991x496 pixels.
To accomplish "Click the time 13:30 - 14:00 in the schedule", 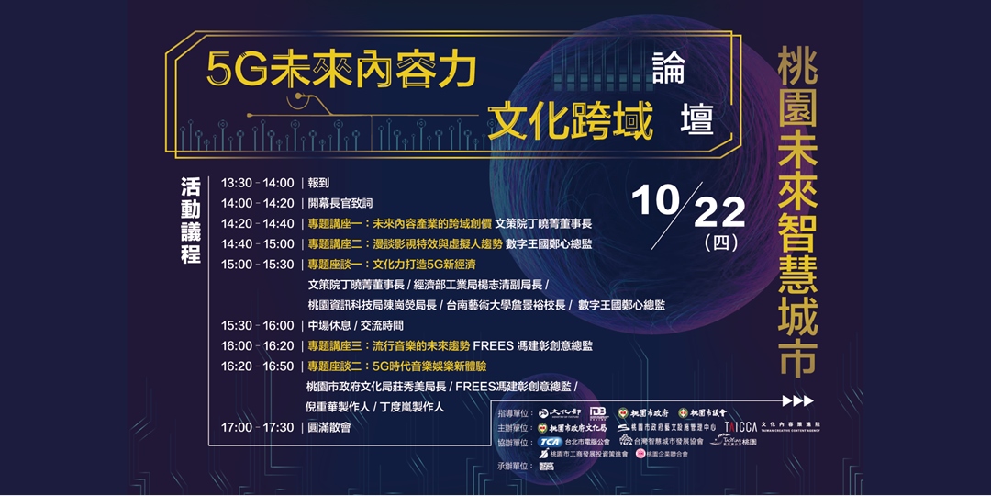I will pyautogui.click(x=257, y=183).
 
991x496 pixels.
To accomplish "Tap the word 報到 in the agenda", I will pyautogui.click(x=318, y=183).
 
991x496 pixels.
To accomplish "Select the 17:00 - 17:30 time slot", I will pyautogui.click(x=257, y=427).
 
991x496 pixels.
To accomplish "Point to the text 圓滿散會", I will pyautogui.click(x=328, y=427).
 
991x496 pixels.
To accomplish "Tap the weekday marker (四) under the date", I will pyautogui.click(x=719, y=244).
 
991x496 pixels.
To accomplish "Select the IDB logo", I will pyautogui.click(x=597, y=413).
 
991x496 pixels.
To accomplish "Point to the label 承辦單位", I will pyautogui.click(x=517, y=467).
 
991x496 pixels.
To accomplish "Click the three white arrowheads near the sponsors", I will pyautogui.click(x=797, y=400).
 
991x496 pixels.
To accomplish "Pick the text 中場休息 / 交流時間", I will pyautogui.click(x=356, y=325).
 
